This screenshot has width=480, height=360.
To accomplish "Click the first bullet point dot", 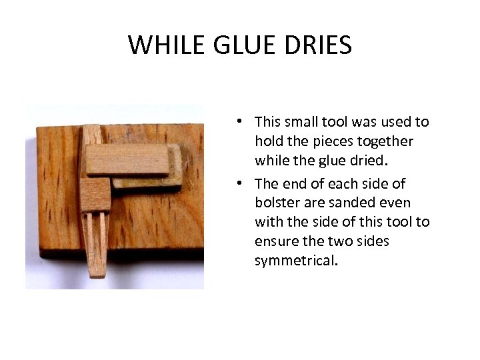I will (247, 122).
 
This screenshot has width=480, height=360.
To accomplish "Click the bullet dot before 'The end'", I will (247, 184).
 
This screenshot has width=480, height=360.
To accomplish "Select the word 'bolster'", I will (275, 203).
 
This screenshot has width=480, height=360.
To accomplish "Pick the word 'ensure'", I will (276, 241).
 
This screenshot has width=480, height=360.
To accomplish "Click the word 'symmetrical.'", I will (296, 261).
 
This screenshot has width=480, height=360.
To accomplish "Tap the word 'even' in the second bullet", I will (397, 203).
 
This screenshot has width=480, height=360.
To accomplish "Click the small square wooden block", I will (95, 194).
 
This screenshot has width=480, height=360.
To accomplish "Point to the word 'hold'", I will (268, 141).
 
